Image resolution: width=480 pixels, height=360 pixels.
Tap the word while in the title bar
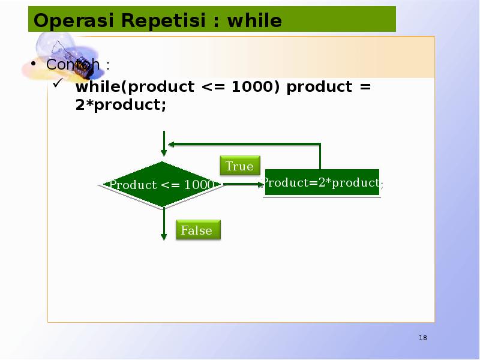[254, 21]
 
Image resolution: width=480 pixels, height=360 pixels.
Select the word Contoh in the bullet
[73, 64]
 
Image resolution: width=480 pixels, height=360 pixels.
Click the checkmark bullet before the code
[58, 86]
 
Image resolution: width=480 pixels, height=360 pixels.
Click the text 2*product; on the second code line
[121, 105]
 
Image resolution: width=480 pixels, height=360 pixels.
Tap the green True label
[239, 166]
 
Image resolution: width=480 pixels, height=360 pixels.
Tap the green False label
[197, 230]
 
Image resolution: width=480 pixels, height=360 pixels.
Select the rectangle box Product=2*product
[322, 183]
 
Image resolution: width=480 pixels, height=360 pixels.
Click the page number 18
[423, 338]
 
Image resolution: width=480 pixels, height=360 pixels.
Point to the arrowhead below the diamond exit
[163, 236]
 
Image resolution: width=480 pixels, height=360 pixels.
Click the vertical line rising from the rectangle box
[320, 157]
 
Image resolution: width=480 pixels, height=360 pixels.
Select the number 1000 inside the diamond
[199, 185]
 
